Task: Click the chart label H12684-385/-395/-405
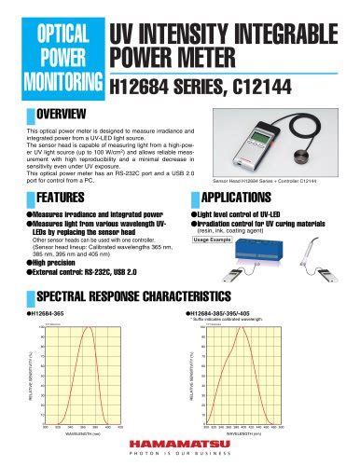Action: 228,315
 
